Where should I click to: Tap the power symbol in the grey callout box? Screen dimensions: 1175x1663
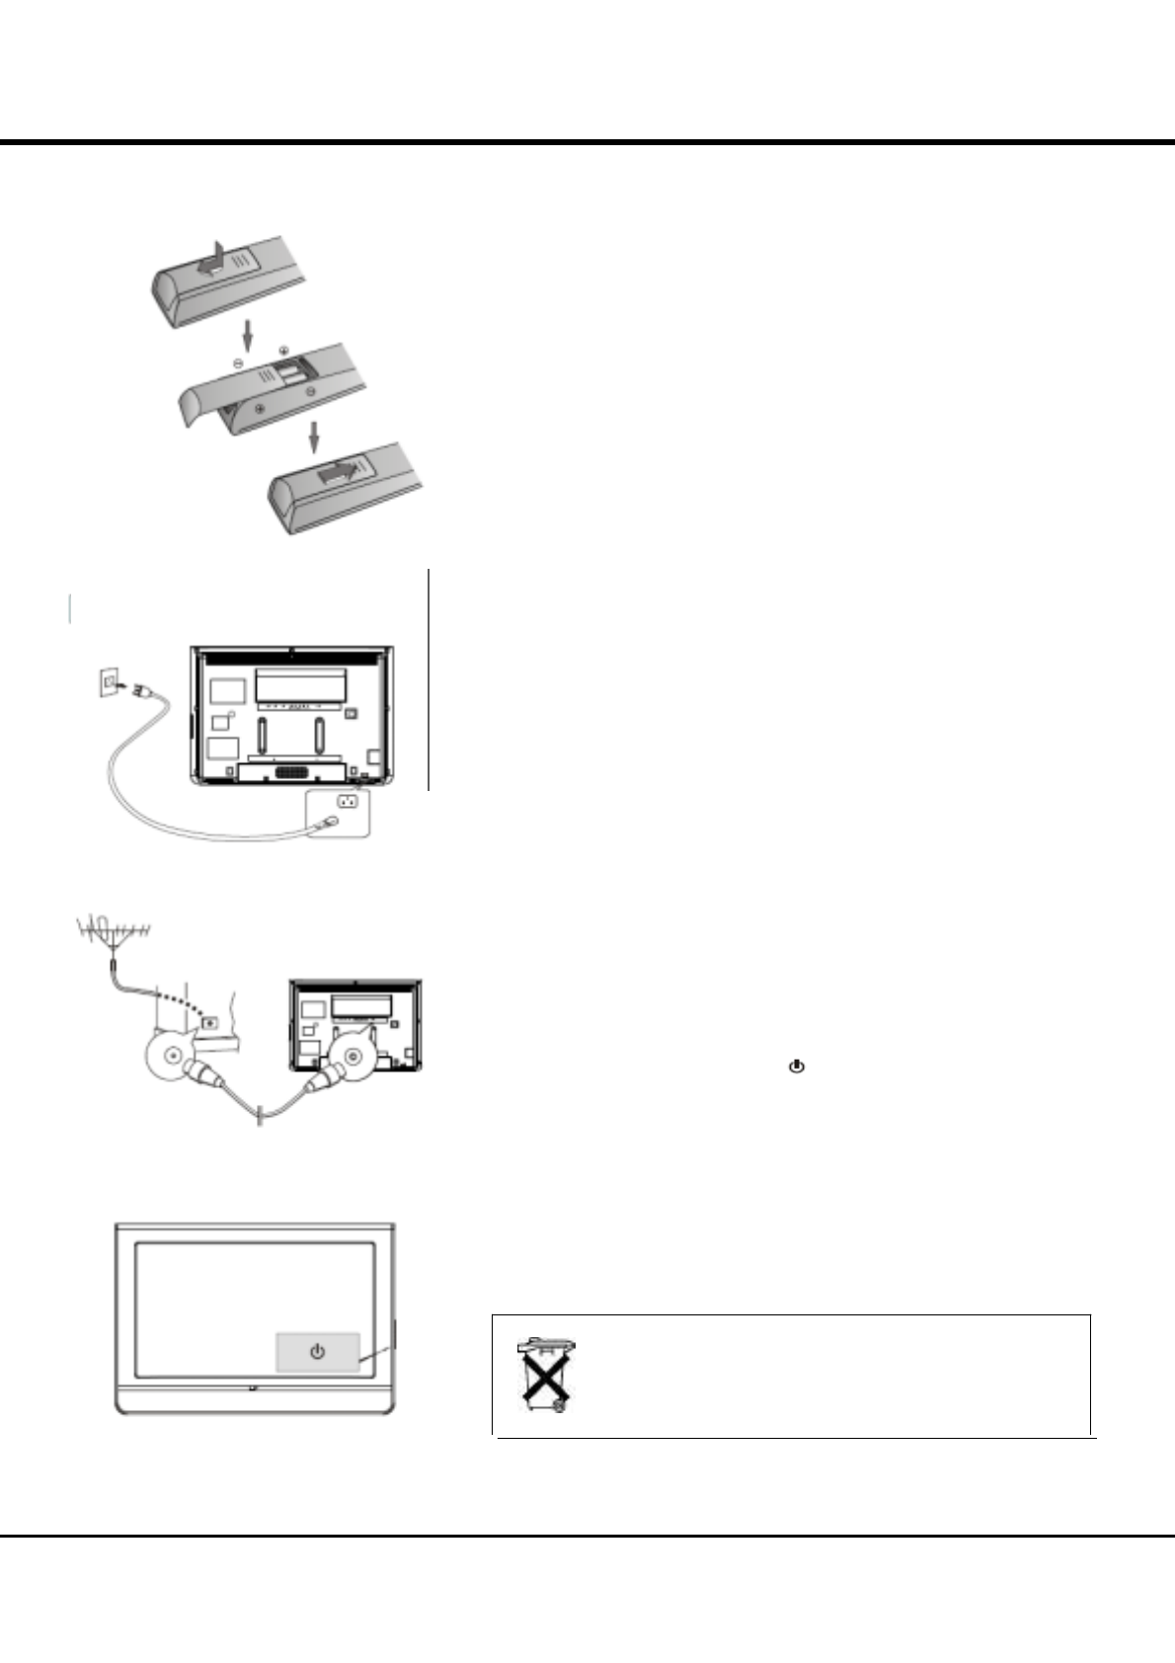317,1351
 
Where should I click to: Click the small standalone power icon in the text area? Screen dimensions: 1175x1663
797,1067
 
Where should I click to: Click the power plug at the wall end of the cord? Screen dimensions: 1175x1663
137,687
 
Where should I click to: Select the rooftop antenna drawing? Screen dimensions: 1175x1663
115,932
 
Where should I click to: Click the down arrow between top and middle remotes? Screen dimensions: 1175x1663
248,336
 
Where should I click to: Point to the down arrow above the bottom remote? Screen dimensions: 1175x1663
315,436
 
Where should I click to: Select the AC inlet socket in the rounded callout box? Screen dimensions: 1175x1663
347,801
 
